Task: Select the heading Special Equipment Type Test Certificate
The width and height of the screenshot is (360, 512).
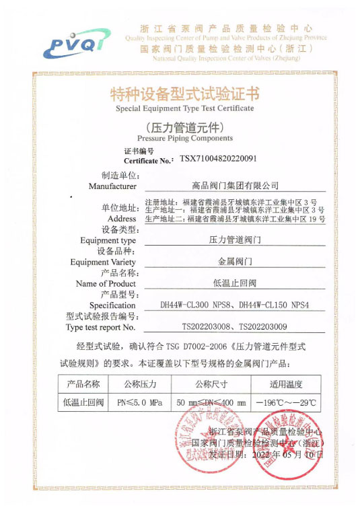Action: [x=184, y=108]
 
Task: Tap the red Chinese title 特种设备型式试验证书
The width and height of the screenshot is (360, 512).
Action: [x=184, y=94]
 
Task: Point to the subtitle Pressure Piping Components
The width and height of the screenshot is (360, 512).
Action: [x=184, y=138]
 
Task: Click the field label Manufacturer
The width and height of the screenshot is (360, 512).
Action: [x=112, y=186]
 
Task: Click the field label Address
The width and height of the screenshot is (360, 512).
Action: [x=122, y=219]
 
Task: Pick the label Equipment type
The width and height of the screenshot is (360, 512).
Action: [x=108, y=240]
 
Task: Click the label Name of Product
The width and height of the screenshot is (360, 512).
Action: [x=108, y=283]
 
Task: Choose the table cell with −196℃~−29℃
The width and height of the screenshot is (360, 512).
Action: [x=286, y=403]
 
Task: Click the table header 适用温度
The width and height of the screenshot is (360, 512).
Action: [x=286, y=384]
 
